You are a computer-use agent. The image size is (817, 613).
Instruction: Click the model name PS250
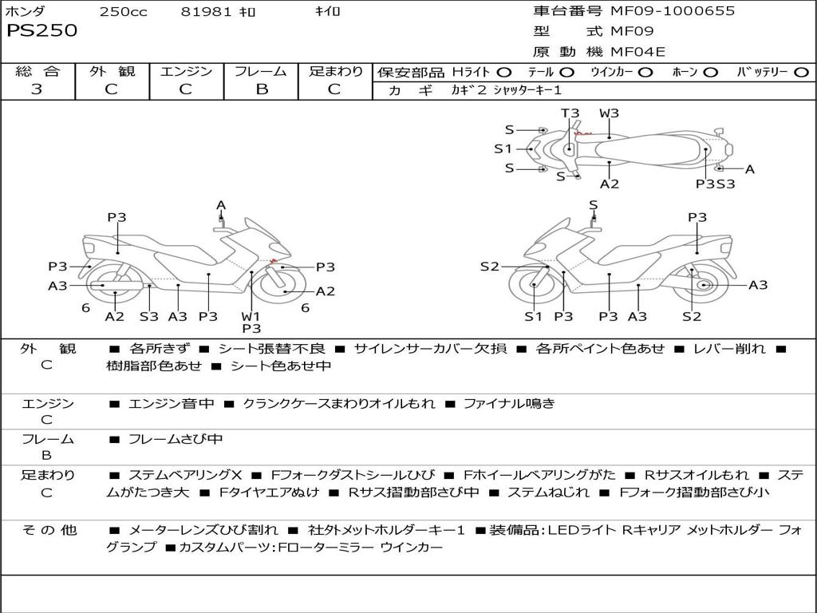(42, 31)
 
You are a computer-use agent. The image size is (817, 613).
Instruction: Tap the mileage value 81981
(206, 12)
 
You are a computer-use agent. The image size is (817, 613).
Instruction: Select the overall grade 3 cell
(37, 89)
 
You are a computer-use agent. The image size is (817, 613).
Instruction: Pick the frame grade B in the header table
(261, 89)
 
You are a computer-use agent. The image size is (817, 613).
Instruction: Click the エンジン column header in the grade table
(186, 71)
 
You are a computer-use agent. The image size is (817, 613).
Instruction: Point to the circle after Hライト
(504, 72)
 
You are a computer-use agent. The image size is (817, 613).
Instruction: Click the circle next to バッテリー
(801, 72)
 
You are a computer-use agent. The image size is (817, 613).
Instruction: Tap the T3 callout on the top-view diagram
(570, 113)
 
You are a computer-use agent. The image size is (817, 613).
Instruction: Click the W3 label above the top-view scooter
(609, 113)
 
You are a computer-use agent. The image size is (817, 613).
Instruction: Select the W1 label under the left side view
(251, 316)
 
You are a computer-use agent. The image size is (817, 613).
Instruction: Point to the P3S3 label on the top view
(715, 184)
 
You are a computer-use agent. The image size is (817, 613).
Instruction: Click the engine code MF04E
(637, 52)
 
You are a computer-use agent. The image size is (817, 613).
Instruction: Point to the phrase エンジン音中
(172, 404)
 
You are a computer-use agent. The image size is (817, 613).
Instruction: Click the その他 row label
(49, 529)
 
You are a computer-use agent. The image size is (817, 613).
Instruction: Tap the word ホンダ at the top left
(26, 12)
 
